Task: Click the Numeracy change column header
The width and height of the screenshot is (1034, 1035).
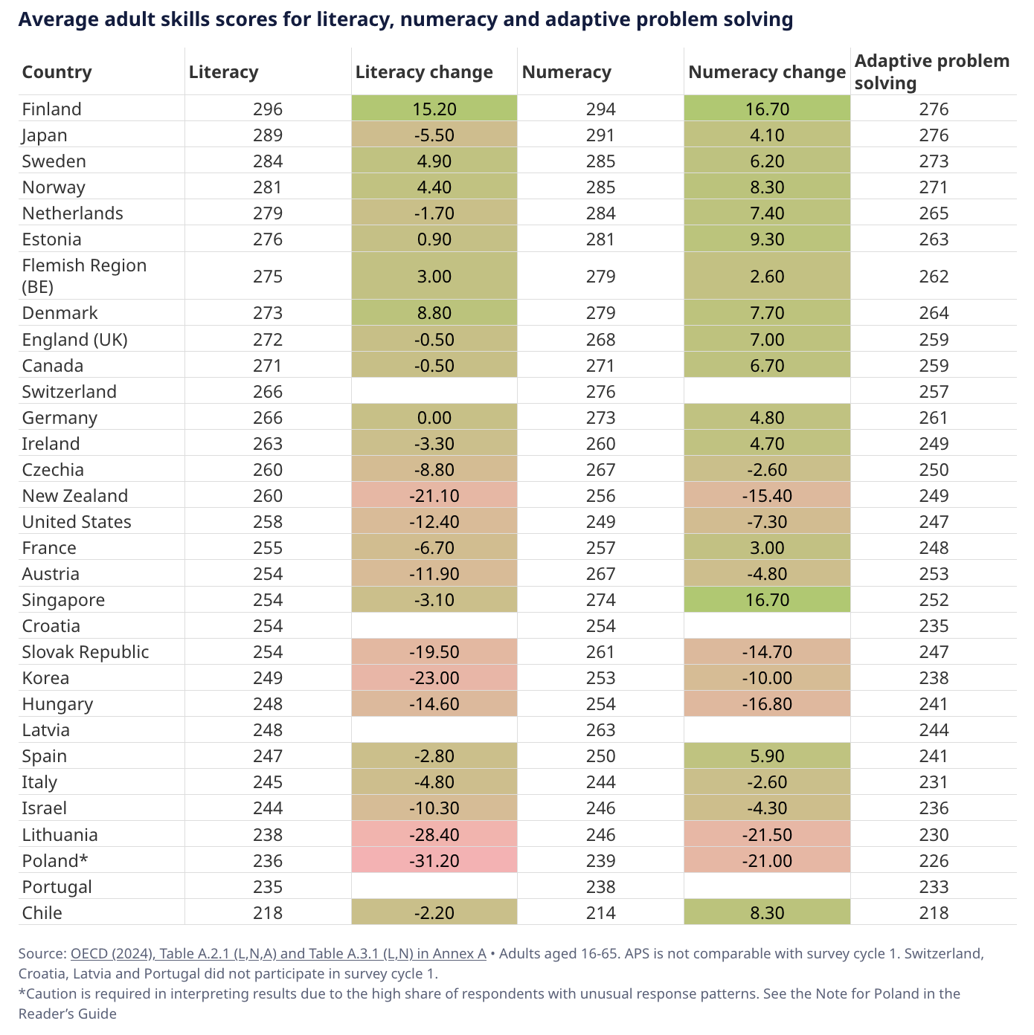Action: [x=767, y=72]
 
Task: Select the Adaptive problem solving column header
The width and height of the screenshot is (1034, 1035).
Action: [x=932, y=72]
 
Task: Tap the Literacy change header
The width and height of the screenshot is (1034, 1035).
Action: [x=424, y=72]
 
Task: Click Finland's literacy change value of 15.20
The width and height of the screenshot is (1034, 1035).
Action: [x=434, y=109]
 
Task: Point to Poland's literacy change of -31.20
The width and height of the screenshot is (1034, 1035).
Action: [x=434, y=860]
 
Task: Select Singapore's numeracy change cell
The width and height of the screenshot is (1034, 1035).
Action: [x=767, y=599]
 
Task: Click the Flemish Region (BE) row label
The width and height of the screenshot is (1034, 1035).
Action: [x=84, y=276]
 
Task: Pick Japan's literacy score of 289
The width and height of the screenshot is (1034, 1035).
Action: [x=268, y=135]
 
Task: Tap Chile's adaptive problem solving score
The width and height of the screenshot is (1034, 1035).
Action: [x=934, y=912]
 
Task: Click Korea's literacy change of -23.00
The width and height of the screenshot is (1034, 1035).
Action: [x=434, y=678]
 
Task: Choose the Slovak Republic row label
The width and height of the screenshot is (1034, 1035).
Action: [x=86, y=651]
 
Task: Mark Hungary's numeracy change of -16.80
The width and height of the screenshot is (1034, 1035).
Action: [x=767, y=703]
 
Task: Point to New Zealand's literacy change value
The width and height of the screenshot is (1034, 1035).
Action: [x=434, y=495]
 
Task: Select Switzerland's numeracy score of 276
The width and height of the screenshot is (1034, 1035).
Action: [x=600, y=392]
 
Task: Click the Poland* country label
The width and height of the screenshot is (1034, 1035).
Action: [x=55, y=860]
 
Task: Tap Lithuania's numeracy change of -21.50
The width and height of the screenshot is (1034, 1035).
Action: [x=767, y=835]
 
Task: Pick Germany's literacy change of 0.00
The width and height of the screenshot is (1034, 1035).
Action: [x=434, y=417]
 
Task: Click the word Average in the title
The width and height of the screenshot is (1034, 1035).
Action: [x=59, y=19]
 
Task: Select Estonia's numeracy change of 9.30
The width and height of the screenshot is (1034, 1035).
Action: [x=767, y=239]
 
